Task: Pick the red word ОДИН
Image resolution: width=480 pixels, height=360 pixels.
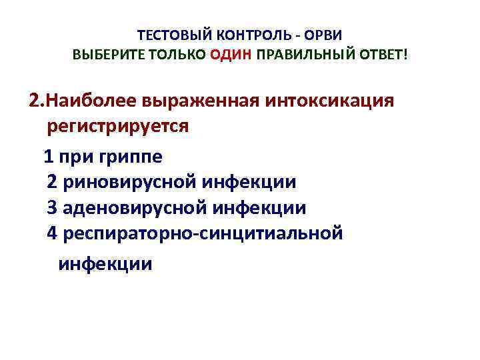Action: pyautogui.click(x=231, y=53)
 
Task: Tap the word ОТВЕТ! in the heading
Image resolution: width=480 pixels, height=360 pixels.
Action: pyautogui.click(x=381, y=53)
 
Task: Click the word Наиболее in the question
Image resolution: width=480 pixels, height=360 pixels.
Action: pyautogui.click(x=91, y=101)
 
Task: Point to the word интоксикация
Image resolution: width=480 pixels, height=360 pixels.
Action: pyautogui.click(x=331, y=101)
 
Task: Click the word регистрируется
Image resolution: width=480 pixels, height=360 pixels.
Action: pyautogui.click(x=118, y=127)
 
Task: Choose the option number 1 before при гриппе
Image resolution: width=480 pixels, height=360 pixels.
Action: pyautogui.click(x=47, y=157)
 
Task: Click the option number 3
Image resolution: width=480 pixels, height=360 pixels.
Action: pyautogui.click(x=53, y=208)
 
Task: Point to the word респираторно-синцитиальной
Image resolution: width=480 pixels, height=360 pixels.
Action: pyautogui.click(x=203, y=233)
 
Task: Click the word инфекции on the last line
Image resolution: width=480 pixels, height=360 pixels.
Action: pyautogui.click(x=105, y=264)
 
